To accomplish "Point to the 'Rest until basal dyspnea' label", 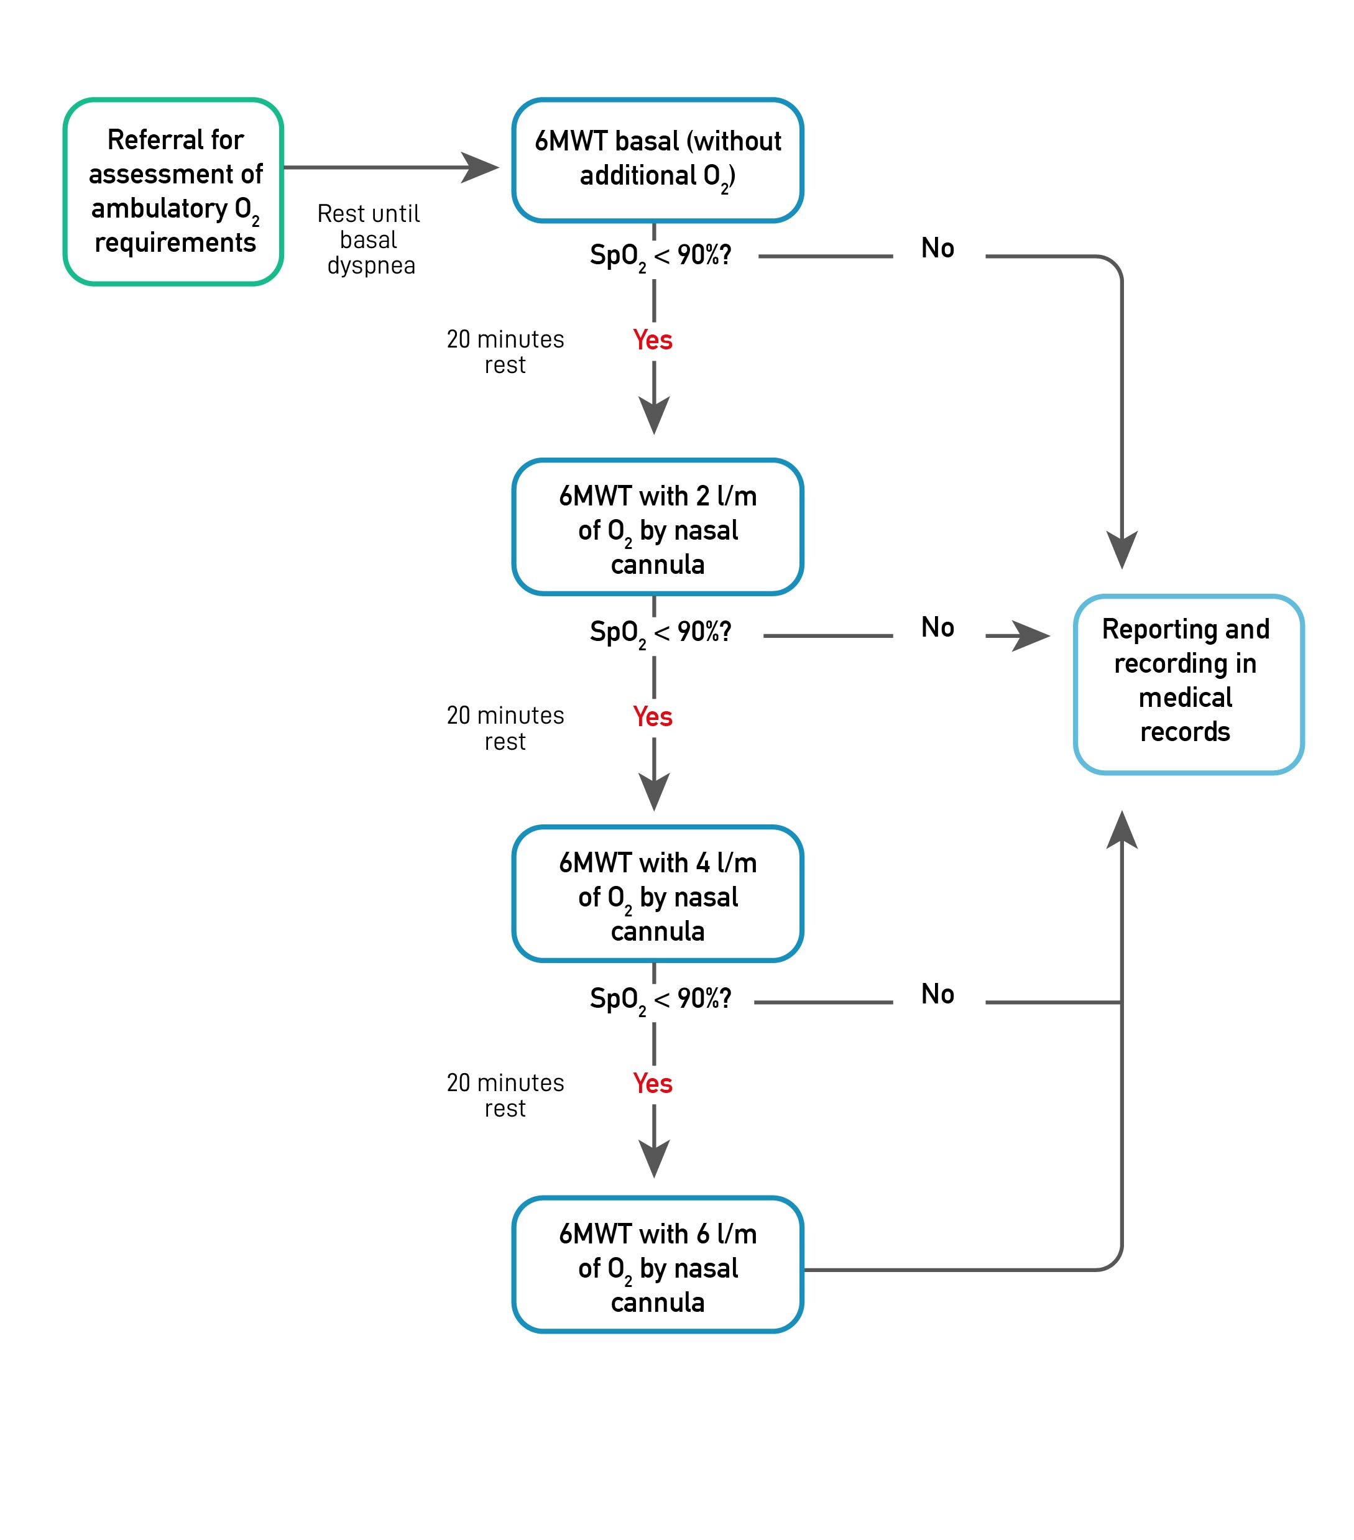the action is [369, 239].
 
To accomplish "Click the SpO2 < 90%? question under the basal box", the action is [661, 257].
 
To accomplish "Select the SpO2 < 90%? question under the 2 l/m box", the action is [661, 633].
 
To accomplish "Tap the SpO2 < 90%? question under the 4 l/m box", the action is [661, 1000].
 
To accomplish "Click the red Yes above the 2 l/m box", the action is [653, 340].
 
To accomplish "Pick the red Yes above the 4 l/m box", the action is [653, 716].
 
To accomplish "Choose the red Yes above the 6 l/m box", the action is [653, 1084].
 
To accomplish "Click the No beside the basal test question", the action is [937, 248].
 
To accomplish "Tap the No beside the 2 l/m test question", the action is [937, 627].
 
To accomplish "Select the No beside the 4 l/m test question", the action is [937, 994].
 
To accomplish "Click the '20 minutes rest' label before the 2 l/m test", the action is [505, 352].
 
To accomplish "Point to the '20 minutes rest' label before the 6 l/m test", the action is [505, 1095].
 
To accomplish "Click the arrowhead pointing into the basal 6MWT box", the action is [480, 167].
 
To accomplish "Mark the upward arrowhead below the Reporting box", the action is [1122, 829].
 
